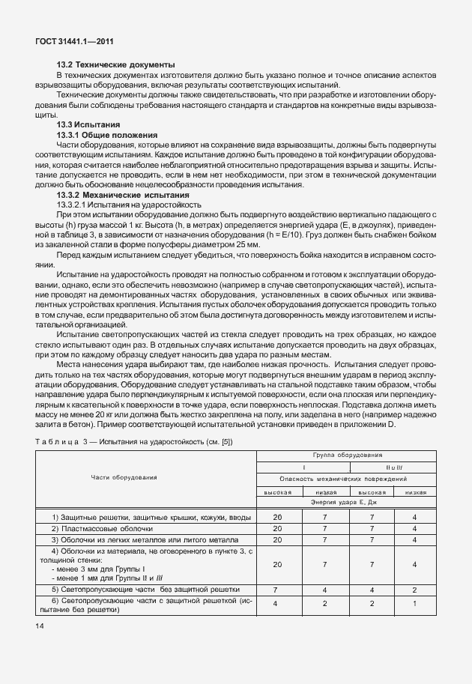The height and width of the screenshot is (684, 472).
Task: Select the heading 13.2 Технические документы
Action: point(115,64)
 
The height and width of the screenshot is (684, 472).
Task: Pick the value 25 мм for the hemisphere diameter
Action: point(247,244)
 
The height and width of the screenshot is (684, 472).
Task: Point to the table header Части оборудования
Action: point(124,476)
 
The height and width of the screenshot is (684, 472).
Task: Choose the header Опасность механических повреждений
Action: point(342,478)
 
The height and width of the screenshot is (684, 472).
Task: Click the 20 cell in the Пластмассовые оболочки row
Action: point(278,528)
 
